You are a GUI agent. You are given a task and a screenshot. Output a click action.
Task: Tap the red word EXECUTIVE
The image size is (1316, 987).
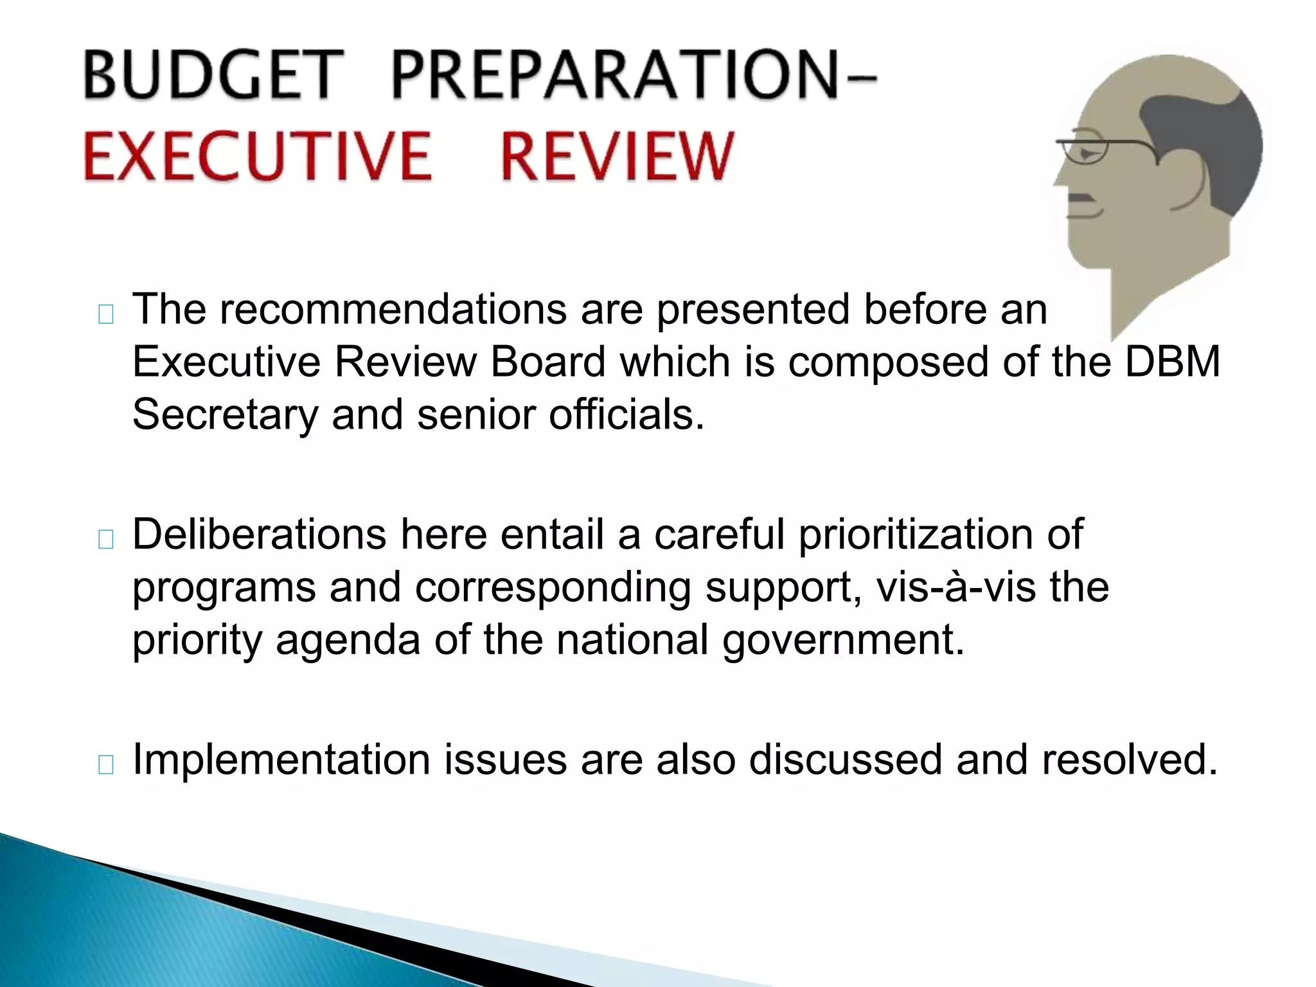(257, 156)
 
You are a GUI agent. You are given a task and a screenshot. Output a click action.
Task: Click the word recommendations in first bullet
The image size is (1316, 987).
(393, 310)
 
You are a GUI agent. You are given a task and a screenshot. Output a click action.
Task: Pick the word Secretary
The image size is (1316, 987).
(225, 414)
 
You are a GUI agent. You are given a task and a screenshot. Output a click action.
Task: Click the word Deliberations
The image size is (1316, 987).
(259, 535)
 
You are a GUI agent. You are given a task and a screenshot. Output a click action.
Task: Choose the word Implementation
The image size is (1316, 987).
(281, 760)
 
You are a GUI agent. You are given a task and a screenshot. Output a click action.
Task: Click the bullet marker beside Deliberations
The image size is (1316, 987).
(106, 539)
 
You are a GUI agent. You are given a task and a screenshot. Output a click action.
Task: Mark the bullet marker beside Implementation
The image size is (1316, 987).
(106, 764)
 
